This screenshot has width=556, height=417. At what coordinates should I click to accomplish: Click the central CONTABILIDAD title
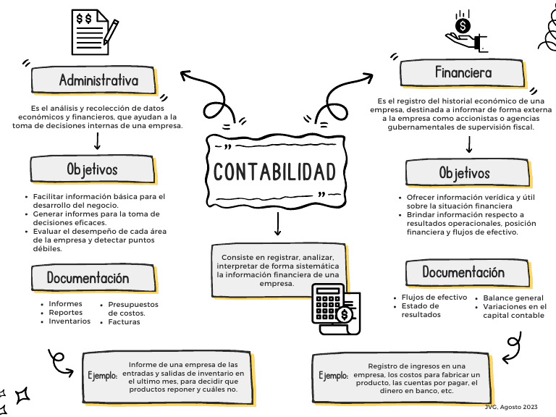[x=275, y=172]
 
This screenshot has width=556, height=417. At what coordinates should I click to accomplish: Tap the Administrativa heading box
[x=98, y=80]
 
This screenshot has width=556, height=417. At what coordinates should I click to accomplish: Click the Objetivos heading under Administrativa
[x=92, y=169]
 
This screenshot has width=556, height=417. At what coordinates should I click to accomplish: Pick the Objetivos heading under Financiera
[x=464, y=174]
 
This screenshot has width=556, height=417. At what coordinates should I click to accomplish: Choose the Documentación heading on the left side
[x=88, y=278]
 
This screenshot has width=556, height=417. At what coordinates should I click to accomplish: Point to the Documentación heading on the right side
[x=463, y=273]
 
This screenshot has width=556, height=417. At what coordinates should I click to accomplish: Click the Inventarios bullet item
[x=69, y=321]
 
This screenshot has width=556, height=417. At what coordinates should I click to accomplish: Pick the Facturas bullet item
[x=125, y=322]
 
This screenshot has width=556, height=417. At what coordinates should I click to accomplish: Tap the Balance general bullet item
[x=513, y=298]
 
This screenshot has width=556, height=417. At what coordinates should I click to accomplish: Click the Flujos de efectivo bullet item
[x=434, y=298]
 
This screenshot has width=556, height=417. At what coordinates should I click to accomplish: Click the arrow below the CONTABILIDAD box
[x=277, y=226]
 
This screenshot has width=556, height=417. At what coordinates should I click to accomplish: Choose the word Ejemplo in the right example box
[x=334, y=376]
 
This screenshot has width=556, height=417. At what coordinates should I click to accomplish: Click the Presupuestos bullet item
[x=133, y=305]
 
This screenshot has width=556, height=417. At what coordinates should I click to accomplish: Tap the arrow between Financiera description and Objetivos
[x=469, y=144]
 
